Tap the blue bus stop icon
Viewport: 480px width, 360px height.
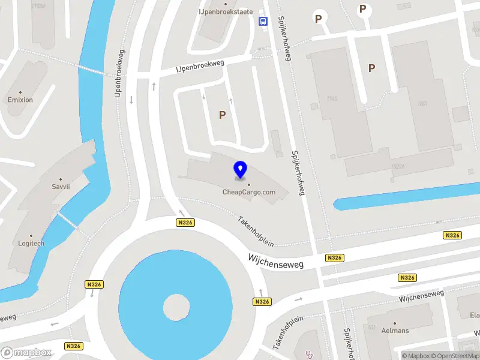(263, 21)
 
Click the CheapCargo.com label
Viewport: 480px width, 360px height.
(249, 192)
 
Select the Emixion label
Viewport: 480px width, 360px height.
(20, 100)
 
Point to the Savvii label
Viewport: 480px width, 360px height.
(61, 187)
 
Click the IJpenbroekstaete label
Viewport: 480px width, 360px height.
(226, 11)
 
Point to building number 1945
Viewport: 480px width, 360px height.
(332, 98)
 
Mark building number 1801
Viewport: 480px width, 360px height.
(423, 104)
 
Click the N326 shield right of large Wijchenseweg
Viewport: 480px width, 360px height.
(334, 258)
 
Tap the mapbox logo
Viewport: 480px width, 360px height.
(26, 353)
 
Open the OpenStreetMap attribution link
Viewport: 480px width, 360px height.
(460, 356)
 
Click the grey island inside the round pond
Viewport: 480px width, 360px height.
(177, 307)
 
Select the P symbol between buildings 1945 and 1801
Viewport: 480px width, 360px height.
(371, 68)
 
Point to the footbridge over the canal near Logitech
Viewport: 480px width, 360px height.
(67, 220)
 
